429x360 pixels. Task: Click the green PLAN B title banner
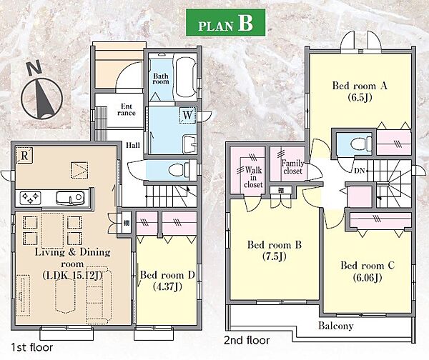[x=225, y=22]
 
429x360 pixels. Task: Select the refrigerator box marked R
[x=24, y=156]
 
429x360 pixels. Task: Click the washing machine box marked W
[x=187, y=115]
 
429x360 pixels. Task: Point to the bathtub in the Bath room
[x=185, y=77]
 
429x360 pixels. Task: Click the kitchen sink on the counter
[x=70, y=197]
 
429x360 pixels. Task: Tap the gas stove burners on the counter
[x=30, y=197]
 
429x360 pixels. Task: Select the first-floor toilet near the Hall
[x=179, y=170]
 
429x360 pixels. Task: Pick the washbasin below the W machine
[x=189, y=144]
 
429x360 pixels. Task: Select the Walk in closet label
[x=253, y=177]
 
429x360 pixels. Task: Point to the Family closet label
[x=292, y=167]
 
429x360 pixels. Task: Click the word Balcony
[x=336, y=326]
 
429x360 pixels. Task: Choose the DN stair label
[x=360, y=171]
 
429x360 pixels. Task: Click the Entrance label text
[x=127, y=109]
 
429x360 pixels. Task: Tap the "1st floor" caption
[x=31, y=347]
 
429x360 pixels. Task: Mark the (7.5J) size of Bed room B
[x=275, y=256]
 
